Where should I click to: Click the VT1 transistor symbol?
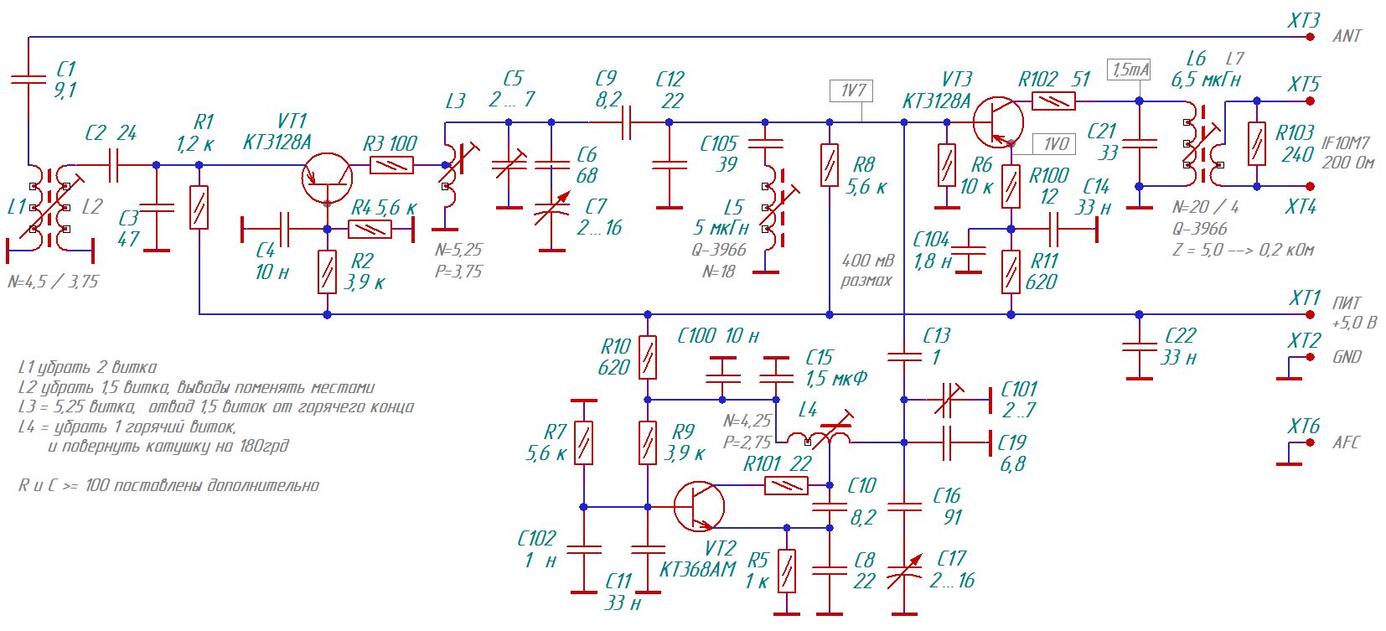[328, 178]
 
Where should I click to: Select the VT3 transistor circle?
[998, 122]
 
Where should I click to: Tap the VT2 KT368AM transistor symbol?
[699, 507]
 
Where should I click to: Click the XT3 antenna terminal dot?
[1310, 37]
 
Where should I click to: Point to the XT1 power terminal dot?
[1310, 315]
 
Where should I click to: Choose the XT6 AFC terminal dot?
[1310, 443]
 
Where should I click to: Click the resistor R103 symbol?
[1257, 143]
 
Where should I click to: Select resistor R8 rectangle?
[830, 164]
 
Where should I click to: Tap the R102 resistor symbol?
[1053, 101]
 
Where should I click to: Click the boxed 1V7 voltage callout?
[851, 91]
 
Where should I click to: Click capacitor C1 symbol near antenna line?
[28, 79]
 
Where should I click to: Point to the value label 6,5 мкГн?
[1205, 80]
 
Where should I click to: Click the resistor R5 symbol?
[786, 571]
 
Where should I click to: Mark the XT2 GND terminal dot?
[1310, 358]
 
